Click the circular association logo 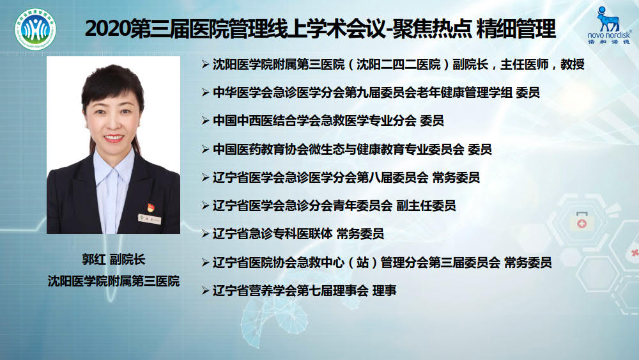click(x=35, y=29)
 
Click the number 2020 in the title click(x=107, y=29)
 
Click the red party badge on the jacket click(x=150, y=207)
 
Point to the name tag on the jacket click(x=149, y=219)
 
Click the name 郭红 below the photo click(x=94, y=260)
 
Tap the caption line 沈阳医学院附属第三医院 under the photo click(x=113, y=281)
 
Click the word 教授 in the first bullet click(x=572, y=65)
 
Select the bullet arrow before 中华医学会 click(x=205, y=93)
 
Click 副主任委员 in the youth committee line click(x=426, y=206)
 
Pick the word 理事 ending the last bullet click(x=384, y=291)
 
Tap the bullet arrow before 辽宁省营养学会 click(x=205, y=291)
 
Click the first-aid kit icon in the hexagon click(x=581, y=221)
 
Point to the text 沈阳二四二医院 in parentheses click(x=399, y=65)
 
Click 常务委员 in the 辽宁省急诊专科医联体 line click(x=360, y=234)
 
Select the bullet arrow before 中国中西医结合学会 click(x=205, y=121)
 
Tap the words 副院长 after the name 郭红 click(x=128, y=260)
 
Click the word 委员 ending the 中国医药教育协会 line click(x=480, y=149)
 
